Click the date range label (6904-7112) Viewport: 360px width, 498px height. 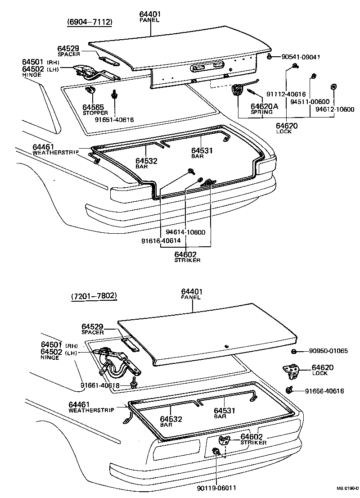pos(90,22)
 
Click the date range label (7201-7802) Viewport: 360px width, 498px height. pos(94,296)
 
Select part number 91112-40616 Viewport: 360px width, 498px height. pos(286,94)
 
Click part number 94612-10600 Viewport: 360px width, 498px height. pos(334,109)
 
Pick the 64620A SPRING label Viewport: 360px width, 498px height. pos(264,109)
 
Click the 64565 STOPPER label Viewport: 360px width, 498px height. pos(93,109)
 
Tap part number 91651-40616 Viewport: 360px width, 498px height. pos(114,120)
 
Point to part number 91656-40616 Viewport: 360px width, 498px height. pos(324,391)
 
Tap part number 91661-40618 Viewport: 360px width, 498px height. pos(100,385)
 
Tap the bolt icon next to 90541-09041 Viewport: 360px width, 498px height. pos(268,57)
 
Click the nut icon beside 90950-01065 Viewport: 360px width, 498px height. pos(293,351)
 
